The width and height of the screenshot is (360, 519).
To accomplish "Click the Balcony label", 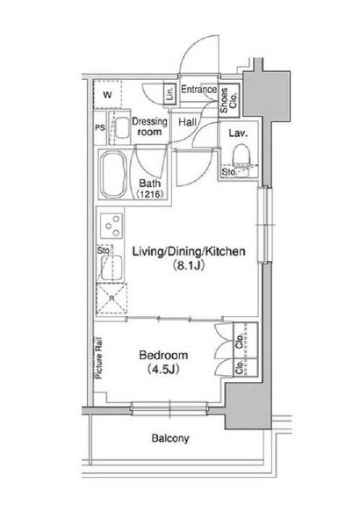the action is (x=170, y=438).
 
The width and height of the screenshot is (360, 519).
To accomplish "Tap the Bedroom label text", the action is (x=163, y=355).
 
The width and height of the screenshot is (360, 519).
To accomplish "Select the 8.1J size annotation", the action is (x=189, y=265).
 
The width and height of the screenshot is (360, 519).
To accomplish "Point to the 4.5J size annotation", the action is (x=163, y=369).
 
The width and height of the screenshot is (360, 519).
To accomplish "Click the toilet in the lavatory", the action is (x=241, y=155).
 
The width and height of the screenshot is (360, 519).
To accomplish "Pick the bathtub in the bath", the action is (x=114, y=175).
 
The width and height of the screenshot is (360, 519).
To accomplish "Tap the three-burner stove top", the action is (x=112, y=226).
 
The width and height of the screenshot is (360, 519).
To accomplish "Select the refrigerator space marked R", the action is (x=112, y=299).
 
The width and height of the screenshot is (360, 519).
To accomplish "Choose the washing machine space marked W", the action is (x=107, y=95).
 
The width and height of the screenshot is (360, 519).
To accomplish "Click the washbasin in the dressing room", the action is (x=122, y=128).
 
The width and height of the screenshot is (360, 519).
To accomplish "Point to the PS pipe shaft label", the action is (x=100, y=127).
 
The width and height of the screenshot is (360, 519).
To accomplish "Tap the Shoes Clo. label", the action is (x=228, y=100).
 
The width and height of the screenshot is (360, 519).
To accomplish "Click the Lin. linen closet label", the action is (x=170, y=93).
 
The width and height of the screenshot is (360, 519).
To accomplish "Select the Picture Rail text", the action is (x=98, y=358).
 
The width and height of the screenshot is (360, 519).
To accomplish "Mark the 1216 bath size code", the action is (x=149, y=194).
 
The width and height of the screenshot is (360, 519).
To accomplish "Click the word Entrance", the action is (x=198, y=89).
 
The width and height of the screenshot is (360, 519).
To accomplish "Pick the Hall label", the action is (x=188, y=122).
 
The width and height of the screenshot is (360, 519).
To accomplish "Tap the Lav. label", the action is (x=238, y=133).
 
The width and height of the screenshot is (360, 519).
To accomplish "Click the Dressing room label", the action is (x=149, y=126).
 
